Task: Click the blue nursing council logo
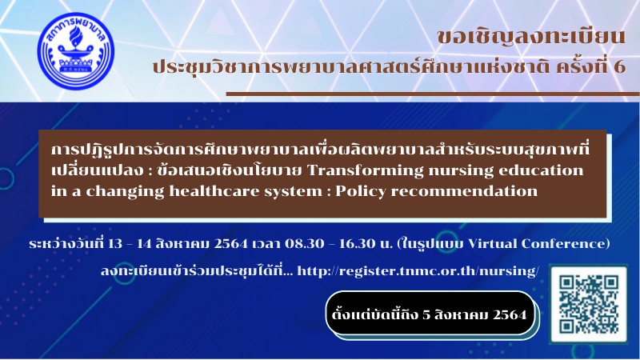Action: pyautogui.click(x=75, y=50)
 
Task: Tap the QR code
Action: pyautogui.click(x=588, y=304)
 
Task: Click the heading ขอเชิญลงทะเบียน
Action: pyautogui.click(x=531, y=36)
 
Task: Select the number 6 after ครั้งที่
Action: pyautogui.click(x=619, y=67)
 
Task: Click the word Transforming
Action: pyautogui.click(x=366, y=170)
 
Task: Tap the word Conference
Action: pyautogui.click(x=565, y=244)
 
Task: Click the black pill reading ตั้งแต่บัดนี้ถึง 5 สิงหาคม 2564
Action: pyautogui.click(x=430, y=314)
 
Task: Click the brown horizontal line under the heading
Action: pyautogui.click(x=433, y=94)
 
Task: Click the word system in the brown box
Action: pyautogui.click(x=294, y=191)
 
